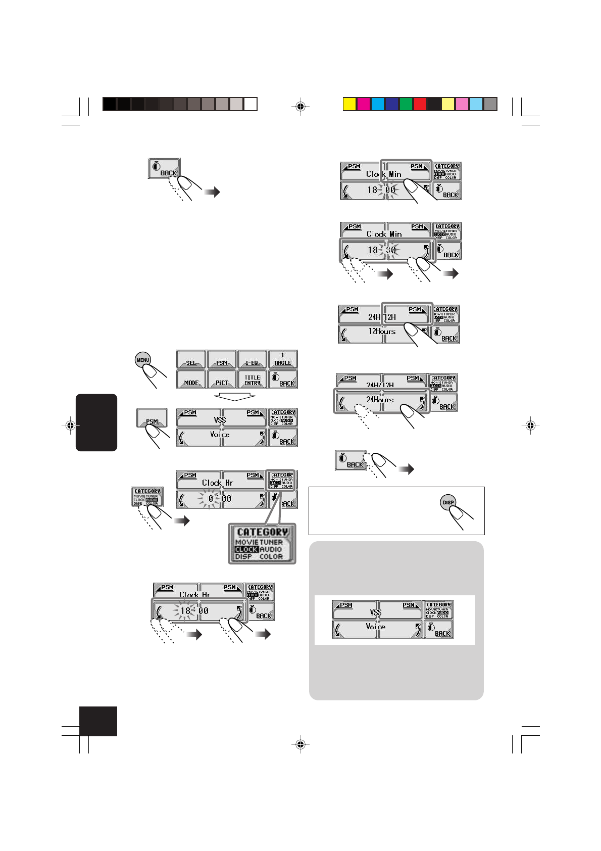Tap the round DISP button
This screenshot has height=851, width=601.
[x=448, y=502]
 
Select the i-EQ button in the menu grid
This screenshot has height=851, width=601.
[x=252, y=360]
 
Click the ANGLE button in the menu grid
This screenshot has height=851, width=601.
[x=283, y=359]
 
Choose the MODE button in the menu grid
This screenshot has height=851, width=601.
[x=191, y=379]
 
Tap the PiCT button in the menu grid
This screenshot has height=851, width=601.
[x=222, y=379]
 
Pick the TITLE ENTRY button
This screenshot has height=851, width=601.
[x=252, y=379]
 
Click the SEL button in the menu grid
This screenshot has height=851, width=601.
[x=191, y=360]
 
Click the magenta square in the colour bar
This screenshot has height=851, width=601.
[x=364, y=104]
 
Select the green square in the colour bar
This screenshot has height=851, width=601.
[x=406, y=104]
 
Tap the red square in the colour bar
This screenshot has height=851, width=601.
[x=420, y=104]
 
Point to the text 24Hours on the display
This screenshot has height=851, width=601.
[x=380, y=400]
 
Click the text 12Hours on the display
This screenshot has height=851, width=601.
[x=382, y=332]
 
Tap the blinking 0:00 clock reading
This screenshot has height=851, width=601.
[x=220, y=499]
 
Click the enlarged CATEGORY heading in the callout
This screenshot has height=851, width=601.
[x=262, y=532]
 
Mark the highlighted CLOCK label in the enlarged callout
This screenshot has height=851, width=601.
[x=246, y=549]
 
